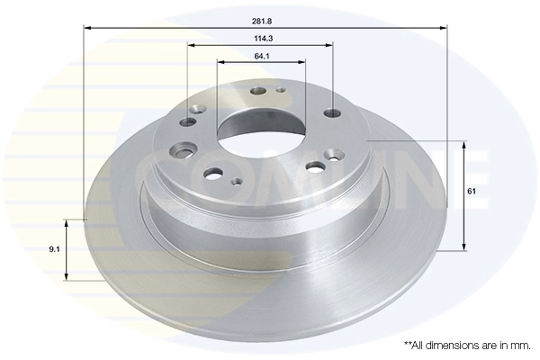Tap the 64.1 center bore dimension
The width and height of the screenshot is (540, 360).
(x=262, y=56)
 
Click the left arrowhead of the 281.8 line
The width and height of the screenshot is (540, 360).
(x=87, y=27)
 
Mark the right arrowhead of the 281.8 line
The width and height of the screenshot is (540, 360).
(x=444, y=27)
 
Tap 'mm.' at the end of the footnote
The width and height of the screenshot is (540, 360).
(x=518, y=345)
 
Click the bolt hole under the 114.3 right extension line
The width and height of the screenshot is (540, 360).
(x=332, y=113)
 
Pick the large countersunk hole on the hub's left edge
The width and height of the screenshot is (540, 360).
(x=186, y=149)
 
